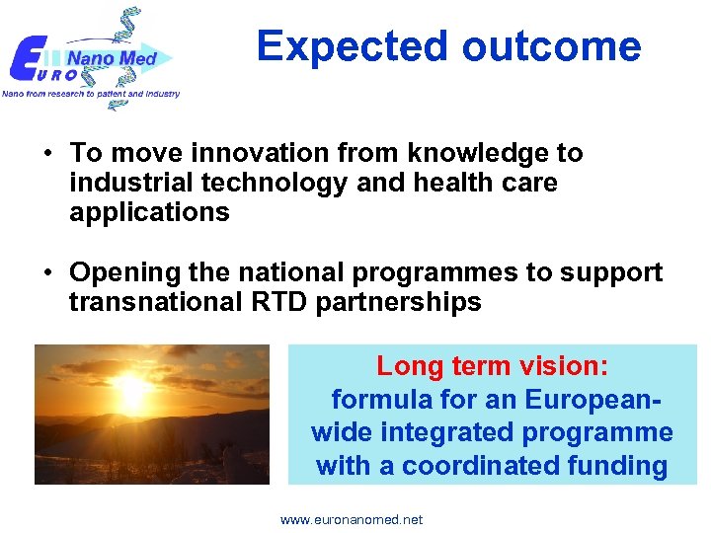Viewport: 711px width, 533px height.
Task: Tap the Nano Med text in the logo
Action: click(x=112, y=58)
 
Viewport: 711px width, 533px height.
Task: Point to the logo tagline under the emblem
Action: click(x=91, y=94)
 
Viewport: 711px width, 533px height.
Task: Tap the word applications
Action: click(x=149, y=212)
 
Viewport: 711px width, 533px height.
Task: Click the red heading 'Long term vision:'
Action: click(x=493, y=366)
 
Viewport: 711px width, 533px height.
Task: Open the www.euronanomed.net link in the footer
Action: click(x=352, y=519)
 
